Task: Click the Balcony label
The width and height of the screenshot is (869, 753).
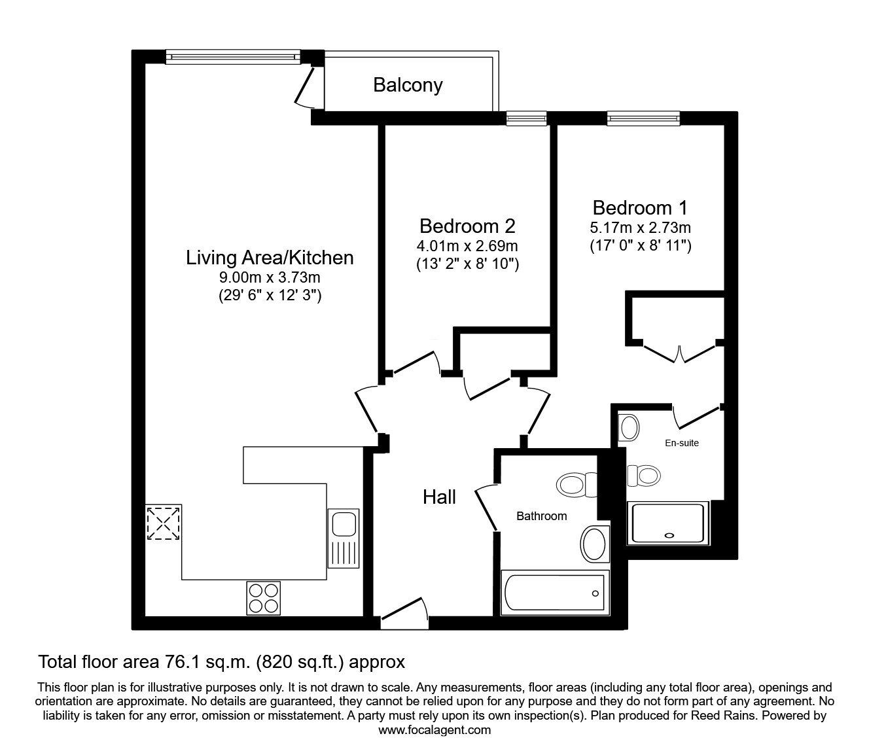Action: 408,85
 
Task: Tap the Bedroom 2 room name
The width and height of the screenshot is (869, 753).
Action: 467,226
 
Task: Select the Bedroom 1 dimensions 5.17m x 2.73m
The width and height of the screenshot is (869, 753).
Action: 640,228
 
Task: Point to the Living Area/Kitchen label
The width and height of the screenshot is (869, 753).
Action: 270,258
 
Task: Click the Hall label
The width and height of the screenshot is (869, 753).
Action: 439,497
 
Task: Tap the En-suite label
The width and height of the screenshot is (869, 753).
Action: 682,443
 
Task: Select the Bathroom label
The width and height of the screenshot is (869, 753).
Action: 541,516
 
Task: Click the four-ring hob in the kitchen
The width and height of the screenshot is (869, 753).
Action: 263,598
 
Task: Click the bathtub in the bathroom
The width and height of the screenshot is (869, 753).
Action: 554,593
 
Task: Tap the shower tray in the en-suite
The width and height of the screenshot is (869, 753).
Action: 667,523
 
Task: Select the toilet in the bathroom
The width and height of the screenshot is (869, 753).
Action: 576,485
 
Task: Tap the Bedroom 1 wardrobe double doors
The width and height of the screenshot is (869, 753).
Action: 680,351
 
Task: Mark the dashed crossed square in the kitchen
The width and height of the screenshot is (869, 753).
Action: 164,523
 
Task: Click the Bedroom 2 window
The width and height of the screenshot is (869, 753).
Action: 526,118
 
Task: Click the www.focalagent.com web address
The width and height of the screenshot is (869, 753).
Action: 434,730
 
